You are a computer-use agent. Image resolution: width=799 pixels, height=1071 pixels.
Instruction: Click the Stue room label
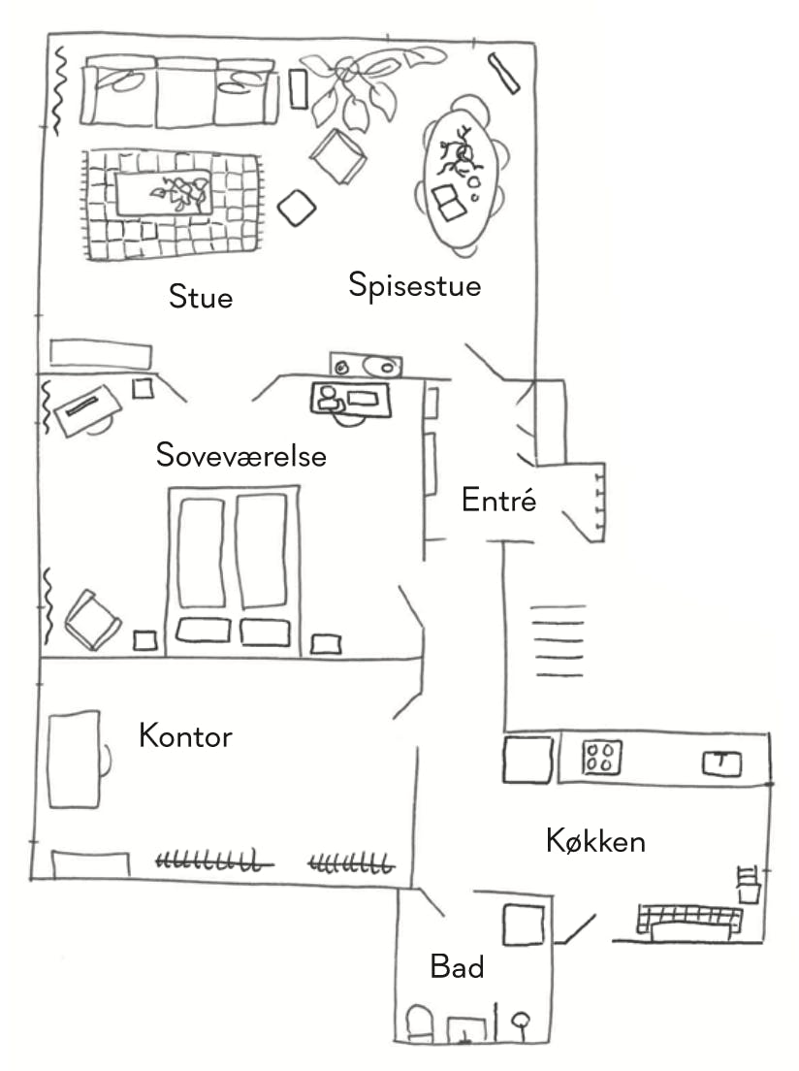click(201, 296)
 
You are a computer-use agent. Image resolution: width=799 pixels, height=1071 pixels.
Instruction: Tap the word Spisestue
click(415, 286)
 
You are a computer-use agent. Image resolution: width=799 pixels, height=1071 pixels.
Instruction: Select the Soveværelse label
click(241, 455)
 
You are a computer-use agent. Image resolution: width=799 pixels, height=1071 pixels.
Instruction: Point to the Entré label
click(498, 501)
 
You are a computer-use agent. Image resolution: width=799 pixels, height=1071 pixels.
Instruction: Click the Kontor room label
click(185, 735)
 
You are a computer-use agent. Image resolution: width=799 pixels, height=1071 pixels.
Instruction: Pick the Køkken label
click(595, 840)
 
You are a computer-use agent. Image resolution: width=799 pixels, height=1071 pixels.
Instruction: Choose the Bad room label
click(457, 966)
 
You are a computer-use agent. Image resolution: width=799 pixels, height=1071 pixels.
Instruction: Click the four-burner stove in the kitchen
click(602, 757)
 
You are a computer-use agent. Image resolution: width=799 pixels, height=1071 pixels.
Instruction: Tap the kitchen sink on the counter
click(720, 763)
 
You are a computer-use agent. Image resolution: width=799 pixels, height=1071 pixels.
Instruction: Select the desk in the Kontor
click(74, 759)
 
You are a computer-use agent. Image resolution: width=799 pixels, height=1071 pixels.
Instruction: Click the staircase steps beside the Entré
click(559, 640)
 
